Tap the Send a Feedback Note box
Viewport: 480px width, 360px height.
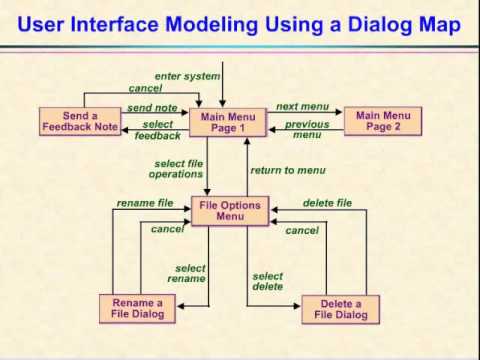pyautogui.click(x=81, y=122)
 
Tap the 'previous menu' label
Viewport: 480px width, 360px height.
pyautogui.click(x=307, y=129)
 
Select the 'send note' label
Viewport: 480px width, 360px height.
pyautogui.click(x=152, y=107)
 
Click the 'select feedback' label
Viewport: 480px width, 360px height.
pyautogui.click(x=157, y=130)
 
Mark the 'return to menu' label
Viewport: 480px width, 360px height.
pyautogui.click(x=287, y=170)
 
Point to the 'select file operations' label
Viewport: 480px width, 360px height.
pyautogui.click(x=179, y=168)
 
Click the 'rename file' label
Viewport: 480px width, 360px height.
pyautogui.click(x=145, y=203)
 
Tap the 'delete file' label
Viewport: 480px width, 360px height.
pyautogui.click(x=327, y=203)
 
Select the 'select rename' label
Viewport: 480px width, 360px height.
pyautogui.click(x=190, y=273)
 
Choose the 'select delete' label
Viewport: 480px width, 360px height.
pyautogui.click(x=268, y=281)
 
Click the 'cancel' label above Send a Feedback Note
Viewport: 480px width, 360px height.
pyautogui.click(x=145, y=88)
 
